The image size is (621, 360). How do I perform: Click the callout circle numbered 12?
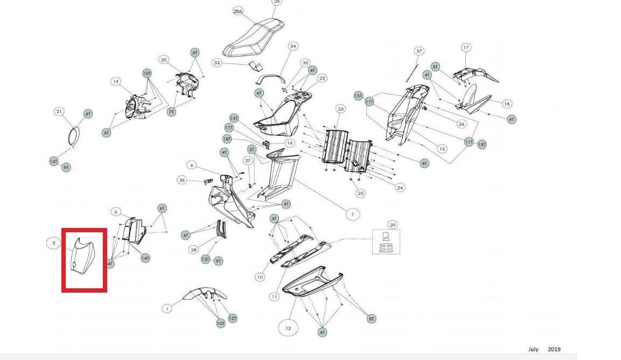[x=288, y=328]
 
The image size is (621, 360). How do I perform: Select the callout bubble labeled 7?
[x=352, y=214]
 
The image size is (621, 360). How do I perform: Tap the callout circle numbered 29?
[x=393, y=225]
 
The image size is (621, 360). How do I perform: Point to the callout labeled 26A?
[x=238, y=11]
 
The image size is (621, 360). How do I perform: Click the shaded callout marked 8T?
[x=371, y=319]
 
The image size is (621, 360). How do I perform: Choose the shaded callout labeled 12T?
[x=233, y=319]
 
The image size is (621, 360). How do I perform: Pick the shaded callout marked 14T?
[x=145, y=258]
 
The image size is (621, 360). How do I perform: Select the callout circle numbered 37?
[x=419, y=51]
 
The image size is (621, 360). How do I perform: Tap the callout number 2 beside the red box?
[x=54, y=243]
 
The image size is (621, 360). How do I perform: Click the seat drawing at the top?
[x=254, y=38]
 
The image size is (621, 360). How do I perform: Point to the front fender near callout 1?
[x=204, y=294]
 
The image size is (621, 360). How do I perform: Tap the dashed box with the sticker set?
[x=386, y=241]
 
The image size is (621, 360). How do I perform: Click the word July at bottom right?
[x=533, y=349]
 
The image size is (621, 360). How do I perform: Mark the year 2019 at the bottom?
[x=554, y=349]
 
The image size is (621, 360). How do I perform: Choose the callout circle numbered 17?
[x=466, y=48]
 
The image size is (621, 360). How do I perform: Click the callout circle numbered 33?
[x=217, y=63]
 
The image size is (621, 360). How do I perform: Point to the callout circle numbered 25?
[x=360, y=193]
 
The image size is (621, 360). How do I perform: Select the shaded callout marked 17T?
[x=229, y=128]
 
